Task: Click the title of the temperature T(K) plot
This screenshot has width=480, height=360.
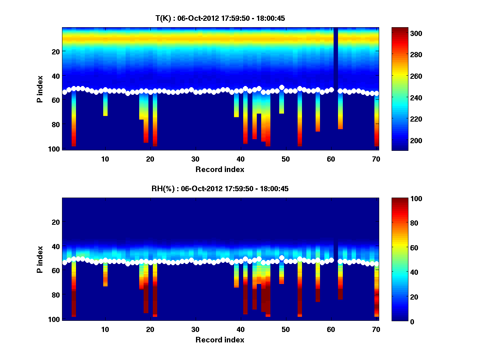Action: click(220, 18)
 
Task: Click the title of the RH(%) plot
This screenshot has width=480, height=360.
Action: click(220, 189)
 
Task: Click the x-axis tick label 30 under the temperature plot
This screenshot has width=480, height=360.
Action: click(195, 159)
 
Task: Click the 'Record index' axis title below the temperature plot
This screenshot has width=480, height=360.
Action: click(220, 169)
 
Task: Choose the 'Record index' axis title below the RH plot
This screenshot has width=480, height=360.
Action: click(220, 340)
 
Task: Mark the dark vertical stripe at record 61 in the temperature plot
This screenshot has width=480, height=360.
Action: click(336, 56)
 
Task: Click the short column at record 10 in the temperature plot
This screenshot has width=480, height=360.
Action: click(105, 105)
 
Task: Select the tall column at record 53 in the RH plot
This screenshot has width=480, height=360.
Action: click(300, 288)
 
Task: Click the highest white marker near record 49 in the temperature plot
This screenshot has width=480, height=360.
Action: click(282, 87)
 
